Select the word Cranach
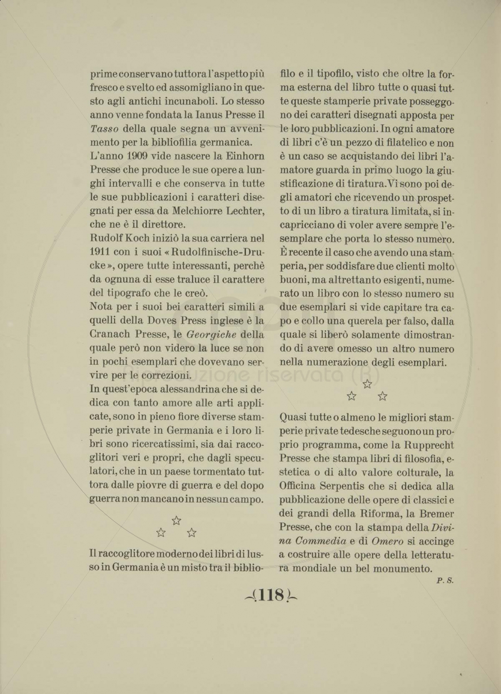point(114,335)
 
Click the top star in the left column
point(176,520)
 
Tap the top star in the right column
point(367,384)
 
